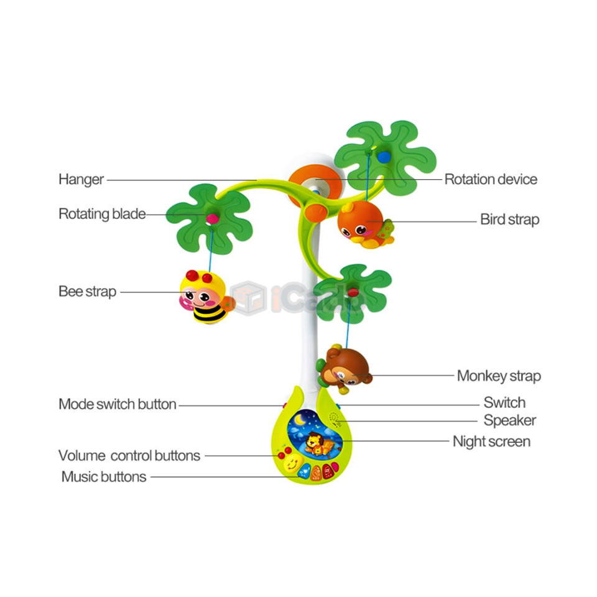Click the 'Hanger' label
point(81,180)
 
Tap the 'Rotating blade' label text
point(102,214)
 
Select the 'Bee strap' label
point(87,292)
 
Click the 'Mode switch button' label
point(118,404)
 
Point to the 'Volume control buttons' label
point(129,455)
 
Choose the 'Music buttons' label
point(104,477)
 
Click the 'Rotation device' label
point(491,179)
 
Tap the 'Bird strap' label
point(509,220)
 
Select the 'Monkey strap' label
point(499,376)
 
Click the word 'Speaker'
point(510,420)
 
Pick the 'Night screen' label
point(491,442)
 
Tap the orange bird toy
point(364,224)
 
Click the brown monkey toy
point(344,369)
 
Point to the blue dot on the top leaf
point(384,156)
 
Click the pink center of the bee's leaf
point(213,218)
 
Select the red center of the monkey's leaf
point(353,293)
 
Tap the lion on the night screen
point(315,443)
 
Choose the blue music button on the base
point(304,471)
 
